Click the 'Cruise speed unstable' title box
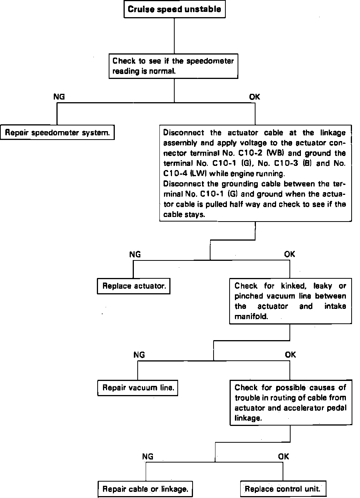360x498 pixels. pyautogui.click(x=174, y=9)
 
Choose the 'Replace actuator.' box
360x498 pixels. pyautogui.click(x=133, y=286)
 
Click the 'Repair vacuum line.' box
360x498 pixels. pyautogui.click(x=138, y=388)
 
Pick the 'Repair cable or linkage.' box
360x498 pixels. pyautogui.click(x=145, y=489)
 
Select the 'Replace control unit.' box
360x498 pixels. pyautogui.click(x=283, y=489)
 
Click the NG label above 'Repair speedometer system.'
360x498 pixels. pyautogui.click(x=59, y=97)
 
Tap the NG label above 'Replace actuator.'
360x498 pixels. pyautogui.click(x=135, y=254)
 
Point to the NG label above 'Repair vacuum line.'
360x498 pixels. pyautogui.click(x=139, y=355)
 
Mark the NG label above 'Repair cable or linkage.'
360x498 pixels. pyautogui.click(x=148, y=456)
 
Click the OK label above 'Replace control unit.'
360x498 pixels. pyautogui.click(x=283, y=456)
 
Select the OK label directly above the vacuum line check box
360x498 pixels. pyautogui.click(x=289, y=254)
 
